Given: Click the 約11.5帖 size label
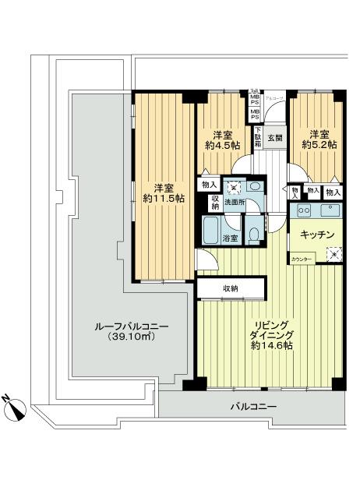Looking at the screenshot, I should (x=164, y=199).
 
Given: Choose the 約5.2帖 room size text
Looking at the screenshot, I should (x=319, y=145).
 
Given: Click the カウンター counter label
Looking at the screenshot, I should (x=302, y=258).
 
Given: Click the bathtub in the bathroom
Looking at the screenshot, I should (x=211, y=229).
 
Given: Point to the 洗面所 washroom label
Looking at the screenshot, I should (x=235, y=203).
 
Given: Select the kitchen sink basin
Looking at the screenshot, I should (x=330, y=210).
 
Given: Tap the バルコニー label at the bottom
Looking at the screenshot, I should (x=253, y=406).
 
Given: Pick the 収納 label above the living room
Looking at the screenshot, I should (x=231, y=288).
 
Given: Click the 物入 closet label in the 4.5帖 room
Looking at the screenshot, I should (x=208, y=185).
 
